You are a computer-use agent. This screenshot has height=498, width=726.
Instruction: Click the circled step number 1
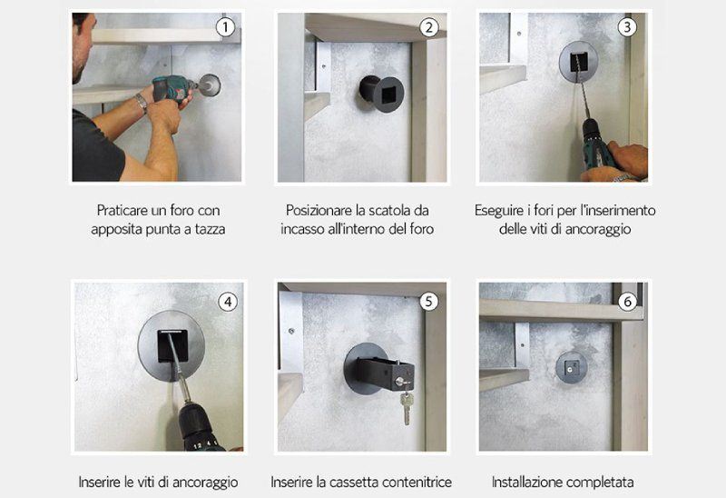[226, 27]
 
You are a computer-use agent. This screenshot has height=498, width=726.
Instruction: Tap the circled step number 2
[429, 27]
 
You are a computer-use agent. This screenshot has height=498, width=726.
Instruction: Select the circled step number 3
[626, 27]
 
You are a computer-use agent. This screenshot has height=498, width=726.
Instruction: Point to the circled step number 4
[227, 300]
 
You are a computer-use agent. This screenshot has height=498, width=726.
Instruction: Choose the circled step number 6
[627, 301]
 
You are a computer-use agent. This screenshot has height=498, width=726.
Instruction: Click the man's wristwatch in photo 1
[142, 102]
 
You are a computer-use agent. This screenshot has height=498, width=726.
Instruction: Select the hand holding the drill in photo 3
[625, 159]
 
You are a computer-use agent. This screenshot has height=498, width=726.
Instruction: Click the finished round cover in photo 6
[571, 367]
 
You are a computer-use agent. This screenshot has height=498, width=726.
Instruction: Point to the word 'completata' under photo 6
[599, 482]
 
